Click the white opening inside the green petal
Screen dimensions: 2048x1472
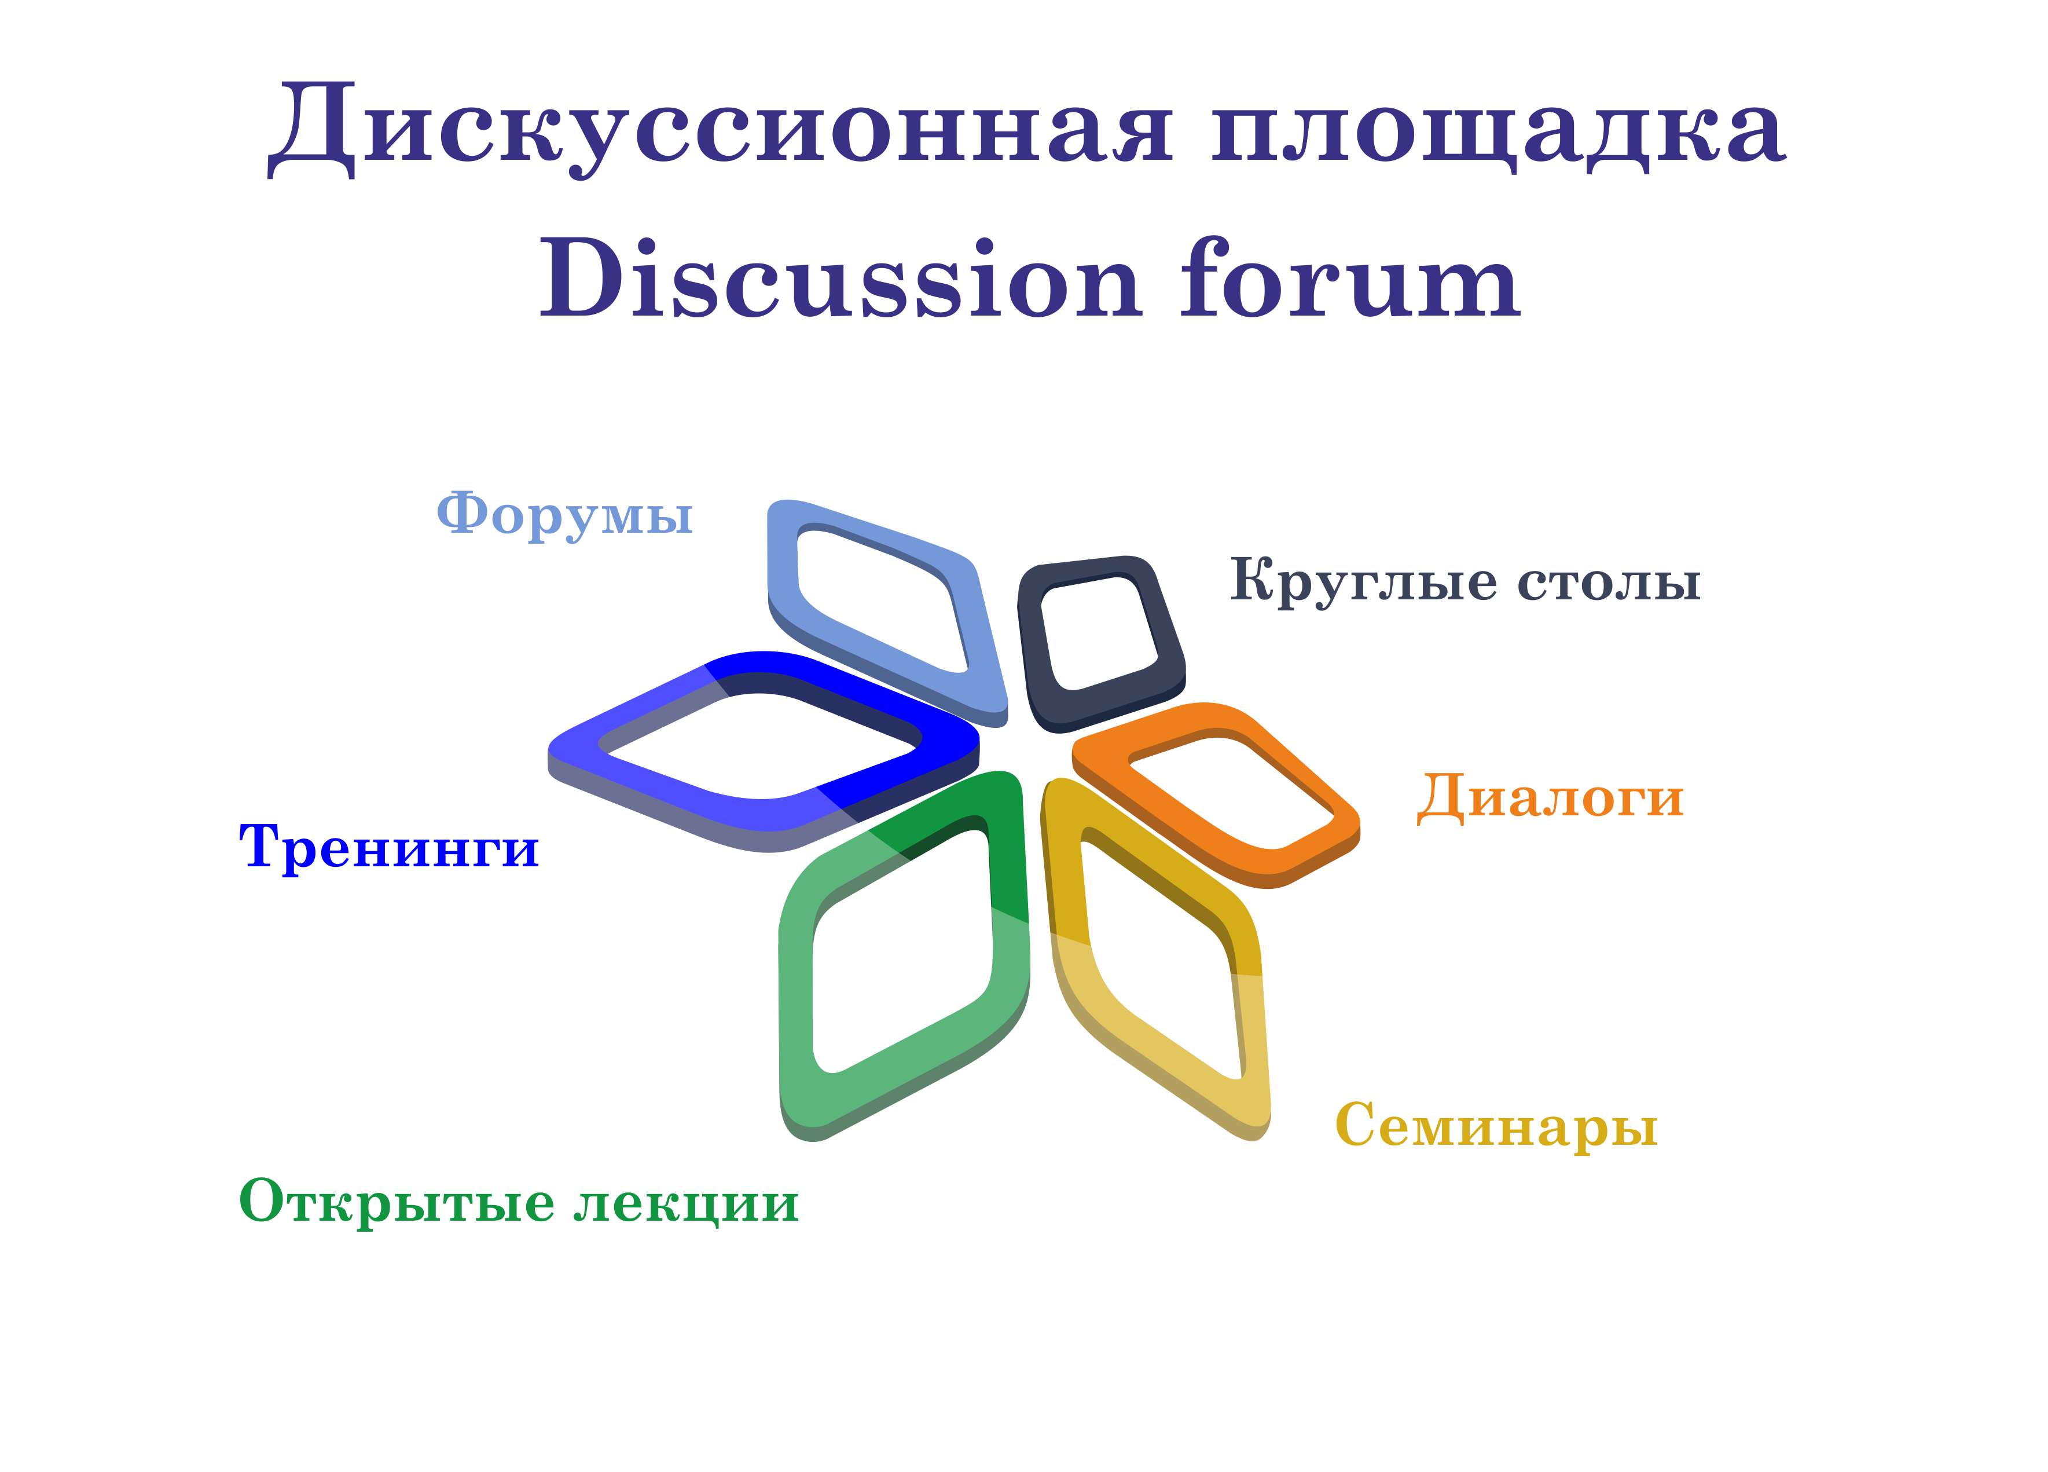pyautogui.click(x=903, y=948)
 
